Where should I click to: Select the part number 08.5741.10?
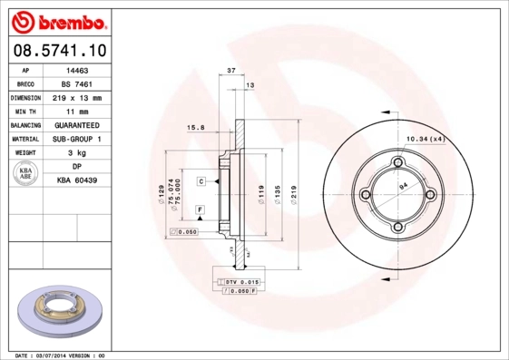[58, 51]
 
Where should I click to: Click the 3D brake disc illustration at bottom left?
[63, 312]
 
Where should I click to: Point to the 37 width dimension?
[231, 70]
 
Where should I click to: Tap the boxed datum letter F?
[200, 209]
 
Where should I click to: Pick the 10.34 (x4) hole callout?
[424, 138]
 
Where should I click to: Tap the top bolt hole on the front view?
[396, 163]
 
